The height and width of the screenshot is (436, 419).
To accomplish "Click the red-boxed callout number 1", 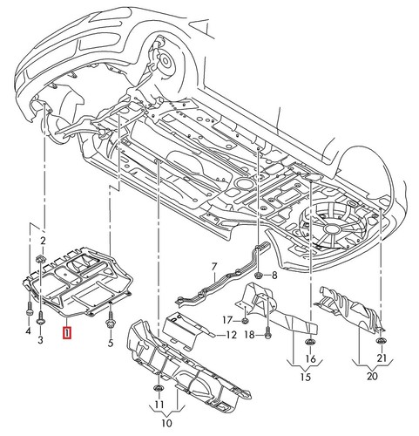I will click(x=67, y=331).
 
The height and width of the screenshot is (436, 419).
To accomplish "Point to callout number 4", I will click(x=27, y=331).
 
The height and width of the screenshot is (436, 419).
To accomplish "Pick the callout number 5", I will click(x=111, y=344).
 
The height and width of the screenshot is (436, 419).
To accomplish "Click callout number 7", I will click(x=211, y=265).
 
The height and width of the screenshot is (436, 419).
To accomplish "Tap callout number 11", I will click(x=158, y=406).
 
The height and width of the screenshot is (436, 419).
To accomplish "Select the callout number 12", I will click(x=232, y=335).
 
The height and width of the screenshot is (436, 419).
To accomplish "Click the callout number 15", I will click(x=305, y=377).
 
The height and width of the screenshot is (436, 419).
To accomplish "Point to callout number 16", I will click(x=311, y=358).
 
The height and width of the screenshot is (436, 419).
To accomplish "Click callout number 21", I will click(x=382, y=358).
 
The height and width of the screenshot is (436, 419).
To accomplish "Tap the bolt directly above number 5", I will click(x=111, y=326).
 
